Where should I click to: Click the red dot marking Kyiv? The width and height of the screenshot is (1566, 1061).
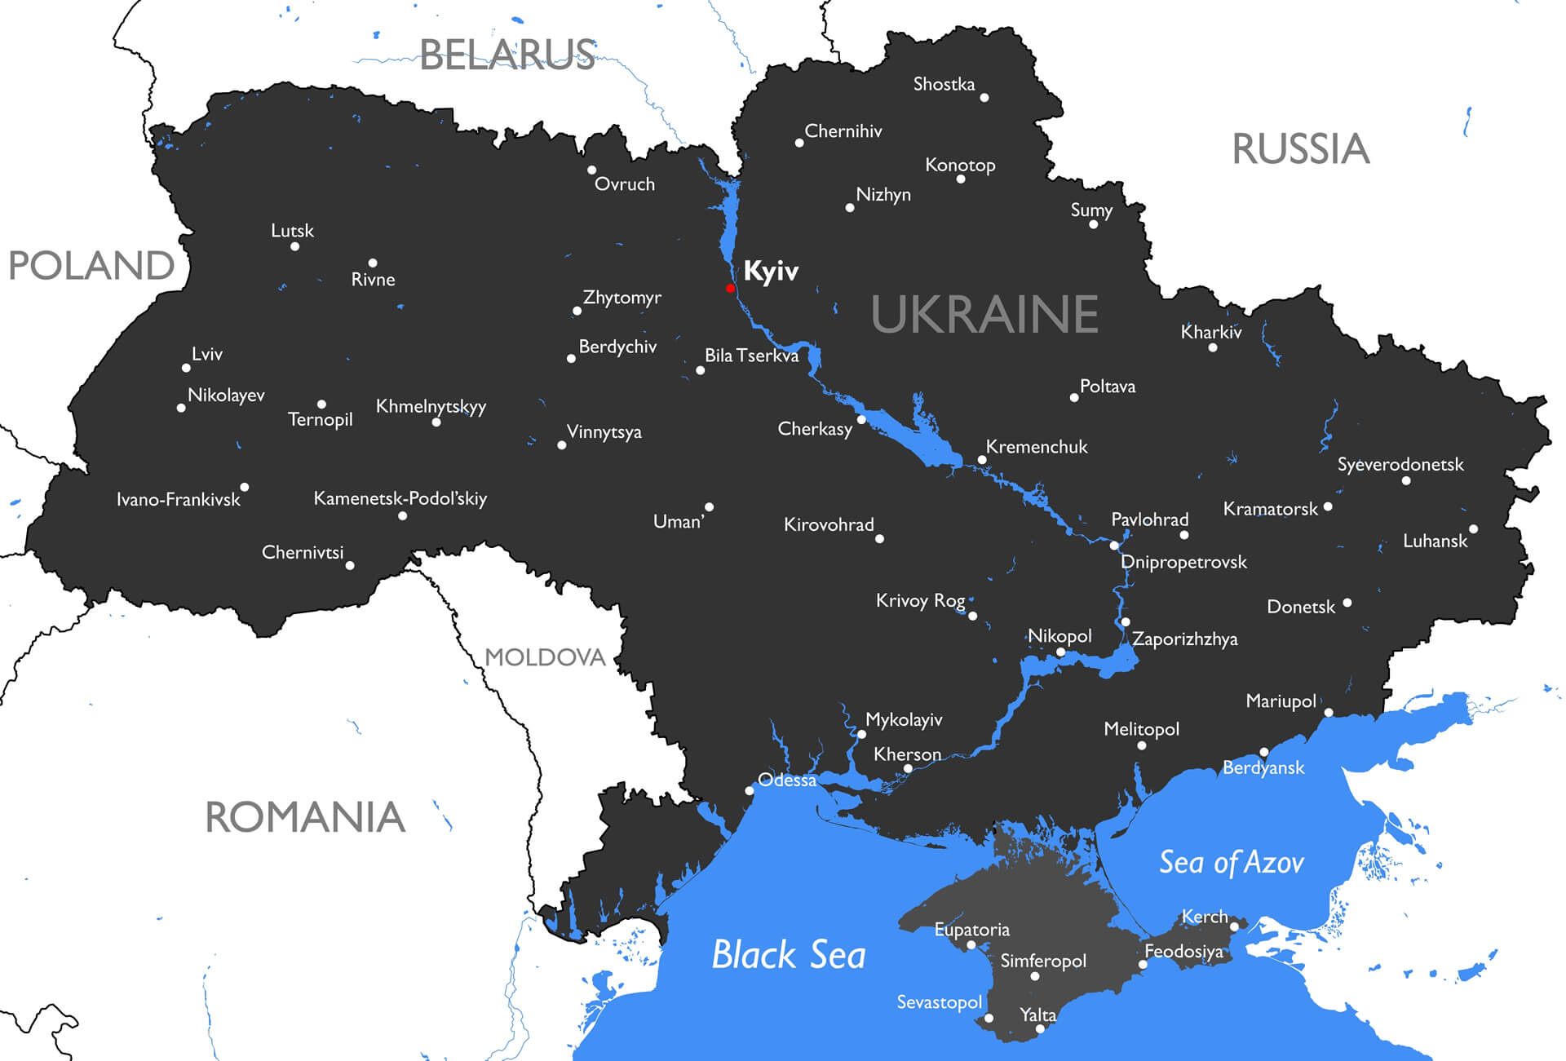click(730, 289)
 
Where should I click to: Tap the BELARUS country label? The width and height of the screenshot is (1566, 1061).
click(507, 55)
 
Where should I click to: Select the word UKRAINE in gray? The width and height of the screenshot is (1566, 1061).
click(984, 315)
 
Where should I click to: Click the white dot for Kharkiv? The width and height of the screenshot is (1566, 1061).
click(1213, 348)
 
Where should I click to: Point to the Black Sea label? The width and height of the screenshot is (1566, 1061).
click(788, 955)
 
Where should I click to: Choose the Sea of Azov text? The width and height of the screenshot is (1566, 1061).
click(1231, 863)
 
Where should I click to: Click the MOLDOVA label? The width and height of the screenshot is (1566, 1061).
click(545, 657)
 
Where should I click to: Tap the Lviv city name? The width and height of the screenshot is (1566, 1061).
click(206, 354)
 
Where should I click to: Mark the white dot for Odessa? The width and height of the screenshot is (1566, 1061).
click(750, 791)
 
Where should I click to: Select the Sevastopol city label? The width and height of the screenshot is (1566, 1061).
click(939, 1002)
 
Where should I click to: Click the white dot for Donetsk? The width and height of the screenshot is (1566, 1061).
click(1347, 603)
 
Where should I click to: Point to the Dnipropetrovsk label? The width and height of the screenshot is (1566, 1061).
click(1183, 562)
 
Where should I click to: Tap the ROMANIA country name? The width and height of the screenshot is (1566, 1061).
click(304, 817)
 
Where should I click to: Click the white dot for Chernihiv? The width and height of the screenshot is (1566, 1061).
click(799, 144)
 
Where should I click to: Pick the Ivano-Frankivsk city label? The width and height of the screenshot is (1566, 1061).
click(178, 499)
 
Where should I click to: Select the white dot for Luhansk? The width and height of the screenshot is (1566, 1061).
click(1473, 529)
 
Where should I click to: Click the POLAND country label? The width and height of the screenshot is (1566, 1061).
click(91, 266)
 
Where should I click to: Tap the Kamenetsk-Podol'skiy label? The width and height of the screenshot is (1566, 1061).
click(400, 498)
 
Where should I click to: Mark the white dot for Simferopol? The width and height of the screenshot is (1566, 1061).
click(1035, 976)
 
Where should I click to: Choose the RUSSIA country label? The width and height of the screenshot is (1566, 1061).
click(1300, 149)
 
